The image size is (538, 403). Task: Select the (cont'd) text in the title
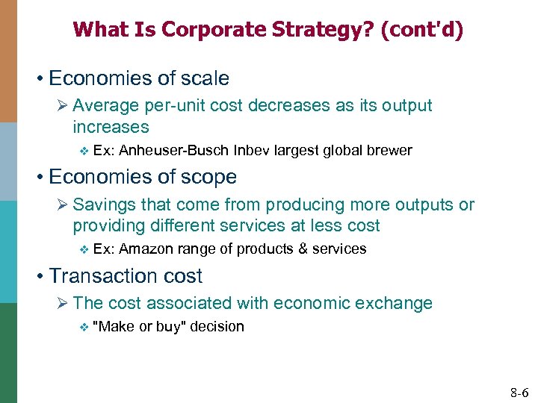click(421, 30)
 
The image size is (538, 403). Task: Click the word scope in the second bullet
click(210, 177)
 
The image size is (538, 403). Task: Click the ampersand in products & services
click(303, 249)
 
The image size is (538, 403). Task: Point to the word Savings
click(102, 204)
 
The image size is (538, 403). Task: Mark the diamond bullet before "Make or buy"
click(83, 326)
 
